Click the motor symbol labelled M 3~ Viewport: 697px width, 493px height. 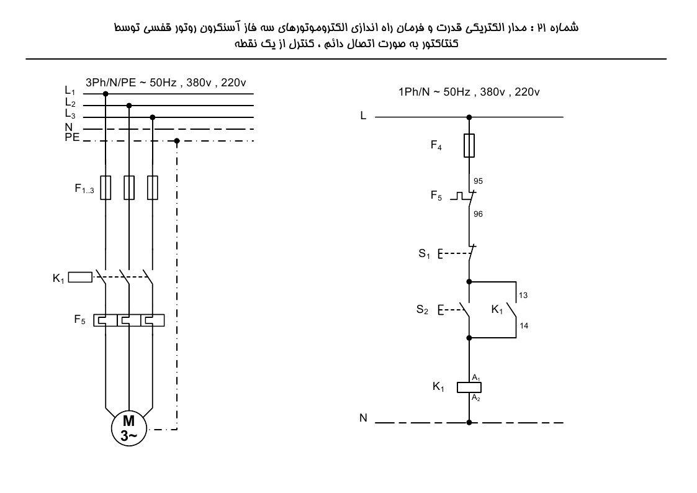click(129, 428)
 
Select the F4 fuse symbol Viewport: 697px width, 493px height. click(469, 145)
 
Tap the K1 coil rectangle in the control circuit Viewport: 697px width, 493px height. click(469, 387)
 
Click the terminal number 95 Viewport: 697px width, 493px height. click(478, 181)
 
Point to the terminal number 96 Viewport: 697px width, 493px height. click(478, 214)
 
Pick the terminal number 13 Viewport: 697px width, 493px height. click(523, 295)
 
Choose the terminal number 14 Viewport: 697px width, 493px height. click(524, 326)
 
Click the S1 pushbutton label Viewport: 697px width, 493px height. click(424, 254)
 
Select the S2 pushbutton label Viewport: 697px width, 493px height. click(422, 309)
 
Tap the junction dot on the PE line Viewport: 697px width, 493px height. click(177, 141)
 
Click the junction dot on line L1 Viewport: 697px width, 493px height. click(106, 94)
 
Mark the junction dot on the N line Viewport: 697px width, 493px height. click(469, 422)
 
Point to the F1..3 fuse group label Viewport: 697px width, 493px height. click(84, 189)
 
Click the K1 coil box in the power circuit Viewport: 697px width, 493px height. click(80, 278)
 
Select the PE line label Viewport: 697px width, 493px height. click(72, 137)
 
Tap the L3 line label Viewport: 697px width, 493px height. click(70, 114)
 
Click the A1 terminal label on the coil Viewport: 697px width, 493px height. click(476, 378)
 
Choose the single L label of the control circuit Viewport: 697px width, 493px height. click(363, 115)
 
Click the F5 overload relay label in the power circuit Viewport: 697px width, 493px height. click(79, 320)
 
